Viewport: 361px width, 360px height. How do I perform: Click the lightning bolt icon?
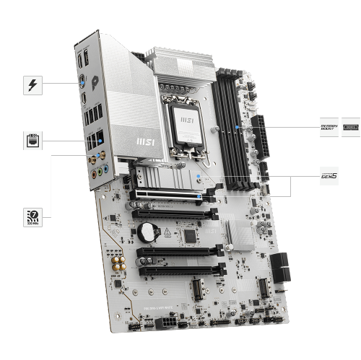pyautogui.click(x=32, y=85)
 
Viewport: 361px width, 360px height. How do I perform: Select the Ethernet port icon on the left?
pyautogui.click(x=32, y=138)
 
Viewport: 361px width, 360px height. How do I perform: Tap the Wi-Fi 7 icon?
pyautogui.click(x=32, y=216)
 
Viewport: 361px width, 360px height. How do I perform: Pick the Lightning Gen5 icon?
pyautogui.click(x=329, y=174)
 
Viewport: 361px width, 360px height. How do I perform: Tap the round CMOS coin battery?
pyautogui.click(x=148, y=231)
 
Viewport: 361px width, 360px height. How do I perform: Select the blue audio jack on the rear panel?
pyautogui.click(x=105, y=169)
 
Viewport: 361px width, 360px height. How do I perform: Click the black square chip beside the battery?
pyautogui.click(x=190, y=235)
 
